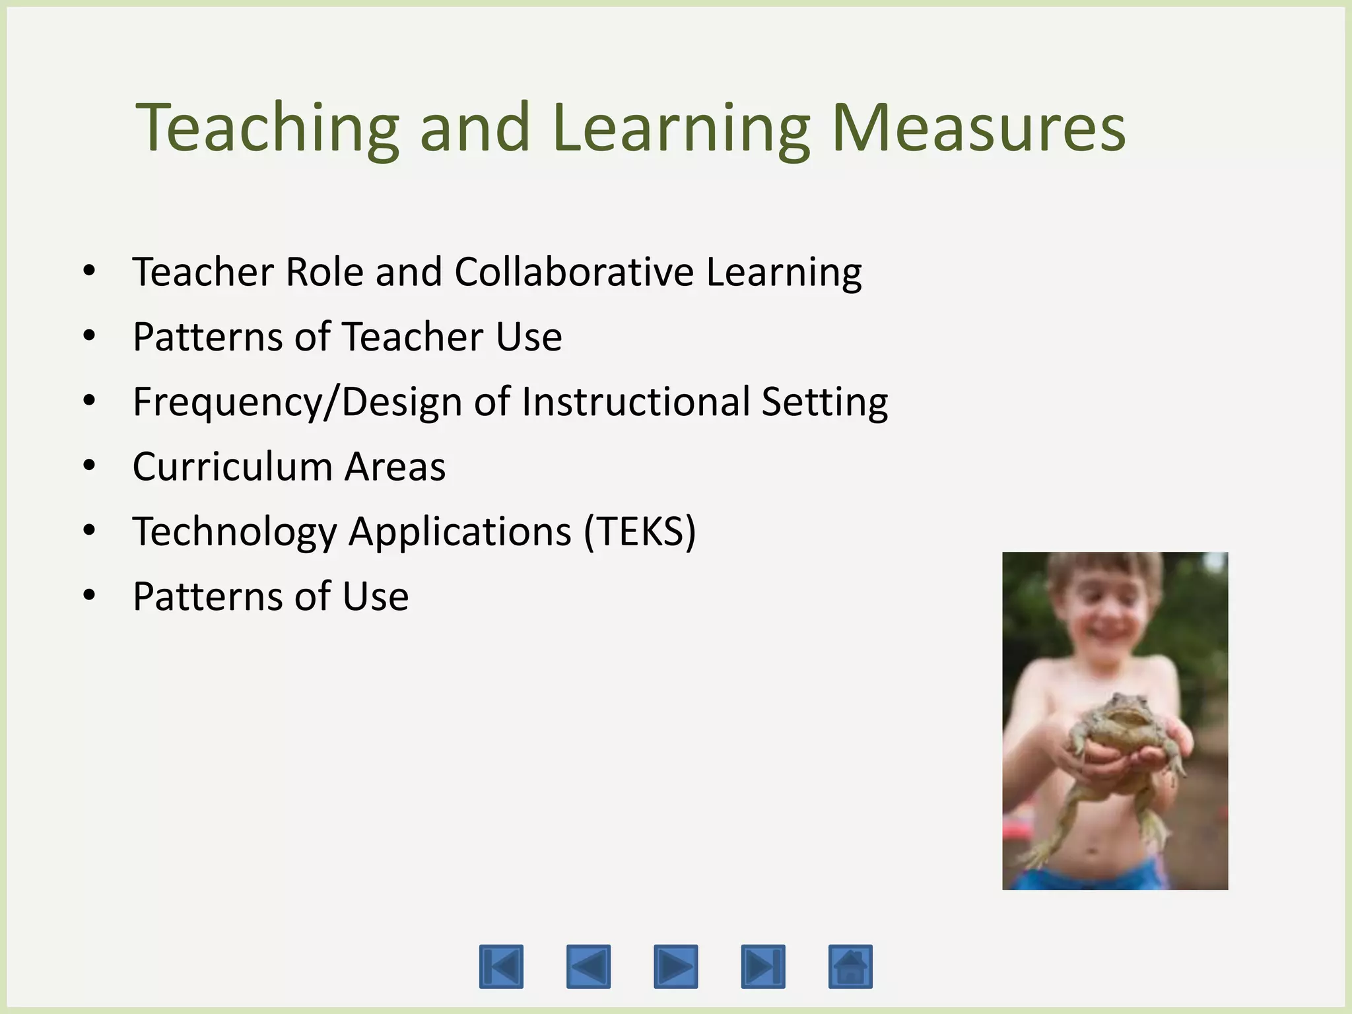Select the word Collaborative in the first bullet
point(574,272)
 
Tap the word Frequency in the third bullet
point(228,402)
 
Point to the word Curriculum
point(232,467)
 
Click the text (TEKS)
point(640,531)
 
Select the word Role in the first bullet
point(324,272)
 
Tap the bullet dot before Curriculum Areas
point(90,465)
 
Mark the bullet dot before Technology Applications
point(90,530)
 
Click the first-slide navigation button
point(501,966)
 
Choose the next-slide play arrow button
point(675,966)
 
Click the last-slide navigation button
point(763,966)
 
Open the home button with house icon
point(850,966)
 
